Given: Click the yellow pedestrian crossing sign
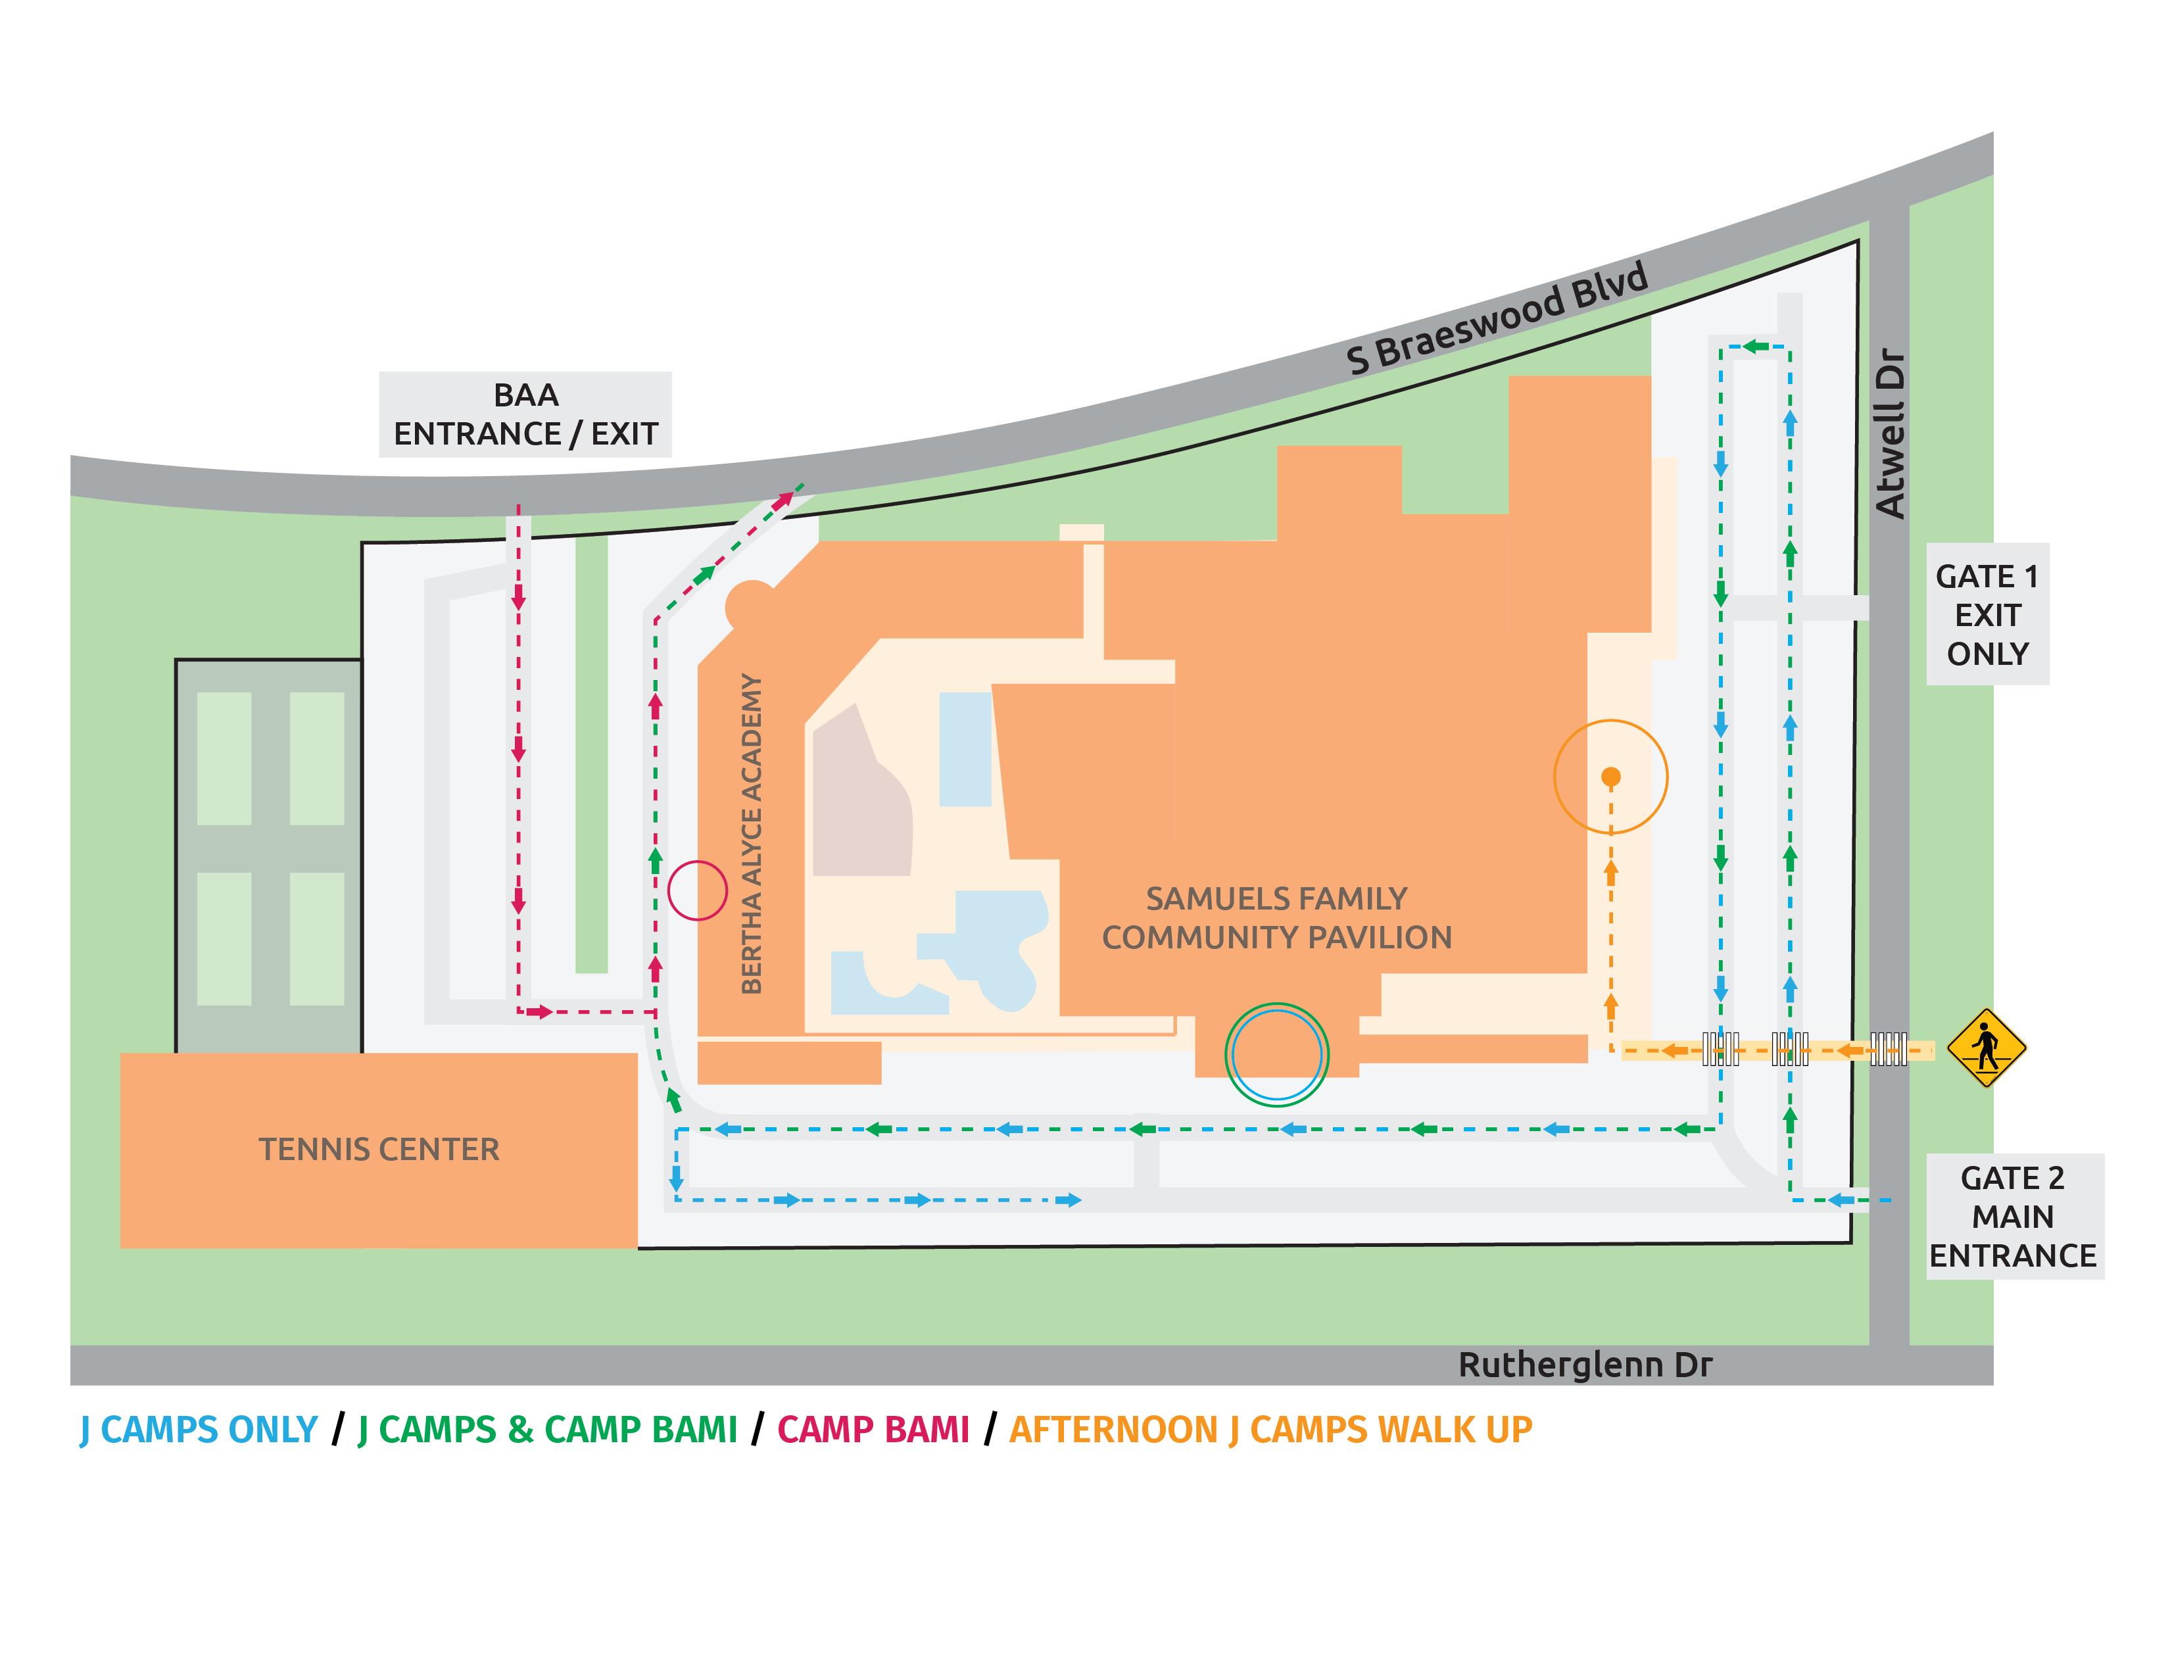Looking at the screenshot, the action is (1985, 1048).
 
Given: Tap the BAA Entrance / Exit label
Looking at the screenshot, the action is (525, 414).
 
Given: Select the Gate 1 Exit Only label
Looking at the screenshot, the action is (1987, 615).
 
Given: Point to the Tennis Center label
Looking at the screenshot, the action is (379, 1150).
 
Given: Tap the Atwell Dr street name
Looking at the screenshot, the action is (1890, 433).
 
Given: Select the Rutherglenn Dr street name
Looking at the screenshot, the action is (1585, 1365).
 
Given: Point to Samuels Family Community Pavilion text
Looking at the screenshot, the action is (1277, 918).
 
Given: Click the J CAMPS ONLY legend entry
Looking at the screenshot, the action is (199, 1430).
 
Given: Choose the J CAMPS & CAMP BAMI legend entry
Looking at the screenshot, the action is (548, 1430).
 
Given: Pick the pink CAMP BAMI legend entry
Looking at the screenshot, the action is (873, 1430).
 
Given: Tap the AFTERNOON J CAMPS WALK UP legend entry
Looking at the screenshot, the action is (1271, 1430).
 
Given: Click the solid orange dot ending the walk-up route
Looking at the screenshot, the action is (1612, 777).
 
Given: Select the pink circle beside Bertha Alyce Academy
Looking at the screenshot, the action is (698, 890).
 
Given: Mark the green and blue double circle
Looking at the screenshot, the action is (1277, 1054).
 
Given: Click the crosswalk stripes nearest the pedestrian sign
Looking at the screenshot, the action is (1888, 1049).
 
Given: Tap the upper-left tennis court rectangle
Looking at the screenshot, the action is (224, 758).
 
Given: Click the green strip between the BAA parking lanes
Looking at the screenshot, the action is (591, 754).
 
